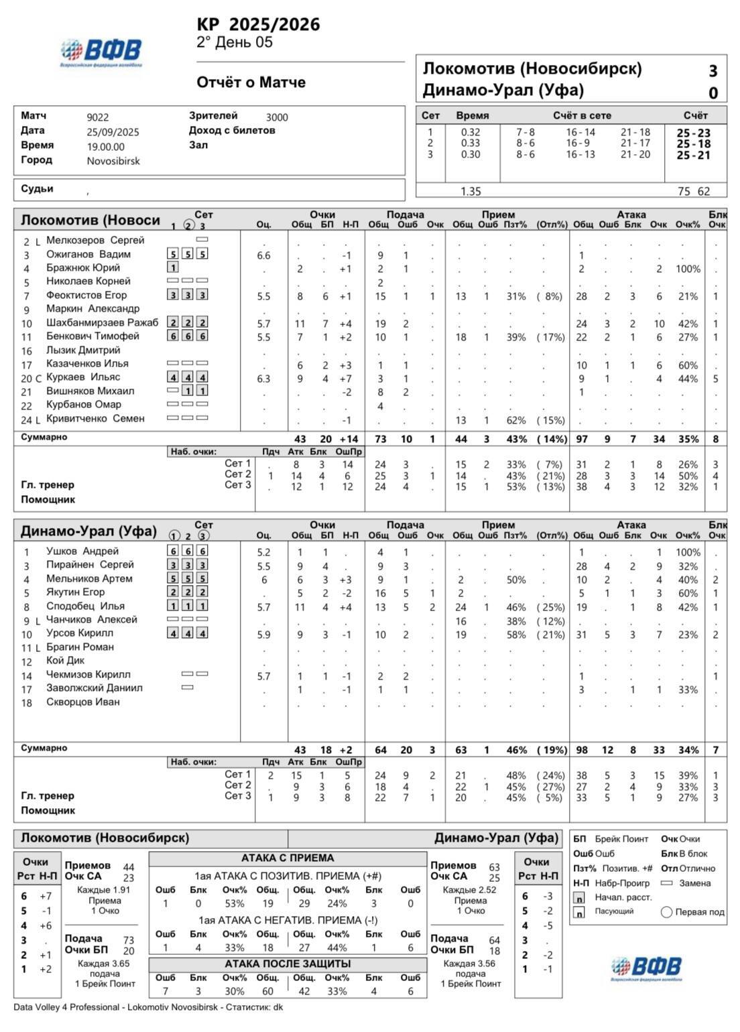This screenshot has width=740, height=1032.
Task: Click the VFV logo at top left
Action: (x=101, y=52)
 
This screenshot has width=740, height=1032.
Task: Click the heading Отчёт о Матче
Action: (x=251, y=82)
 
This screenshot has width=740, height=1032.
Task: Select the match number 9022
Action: (x=98, y=117)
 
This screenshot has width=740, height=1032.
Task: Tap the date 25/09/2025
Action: (x=113, y=132)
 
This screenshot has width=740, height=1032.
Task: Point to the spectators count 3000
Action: (x=277, y=117)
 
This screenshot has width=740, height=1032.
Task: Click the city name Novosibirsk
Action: (x=113, y=161)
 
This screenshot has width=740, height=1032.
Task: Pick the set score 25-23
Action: (x=693, y=133)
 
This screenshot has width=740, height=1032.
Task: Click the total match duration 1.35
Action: (x=471, y=192)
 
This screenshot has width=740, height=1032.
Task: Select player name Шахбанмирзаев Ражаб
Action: (x=103, y=322)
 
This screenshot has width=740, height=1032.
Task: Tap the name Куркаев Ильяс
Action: (x=83, y=377)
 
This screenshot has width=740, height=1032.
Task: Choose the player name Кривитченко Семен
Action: (x=95, y=419)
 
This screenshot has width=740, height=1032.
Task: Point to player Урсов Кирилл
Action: (x=80, y=633)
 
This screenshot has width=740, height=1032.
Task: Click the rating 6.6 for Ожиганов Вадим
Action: (x=263, y=255)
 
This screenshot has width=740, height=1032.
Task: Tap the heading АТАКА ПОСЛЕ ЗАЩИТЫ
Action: (x=288, y=964)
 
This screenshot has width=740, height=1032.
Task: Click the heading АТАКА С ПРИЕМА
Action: (x=288, y=858)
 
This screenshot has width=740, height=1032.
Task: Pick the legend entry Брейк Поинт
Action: (x=623, y=839)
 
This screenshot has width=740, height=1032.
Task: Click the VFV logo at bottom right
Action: (x=646, y=968)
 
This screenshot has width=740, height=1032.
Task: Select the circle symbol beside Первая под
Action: (x=666, y=912)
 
